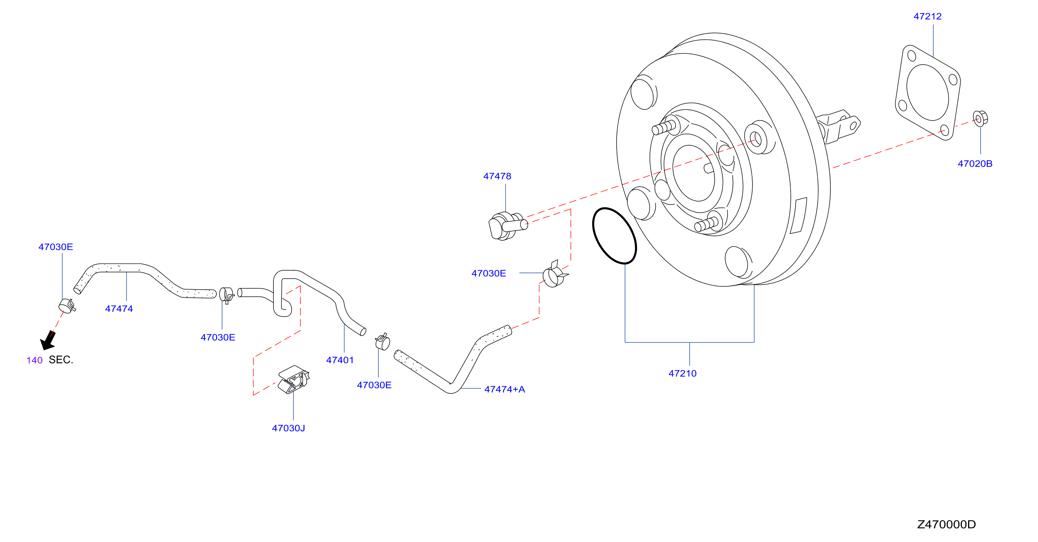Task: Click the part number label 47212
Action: point(927,16)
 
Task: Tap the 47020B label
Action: point(975,164)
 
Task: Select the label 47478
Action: point(497,176)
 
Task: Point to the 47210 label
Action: point(682,374)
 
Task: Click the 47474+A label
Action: point(504,389)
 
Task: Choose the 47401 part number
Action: point(340,360)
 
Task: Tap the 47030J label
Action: point(288,428)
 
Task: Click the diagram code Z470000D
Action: point(946,524)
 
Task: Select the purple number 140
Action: point(34,360)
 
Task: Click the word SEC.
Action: point(61,360)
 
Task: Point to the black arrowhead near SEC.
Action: point(48,341)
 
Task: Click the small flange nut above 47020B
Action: point(980,118)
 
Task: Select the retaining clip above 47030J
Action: point(293,380)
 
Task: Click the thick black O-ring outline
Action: point(614,236)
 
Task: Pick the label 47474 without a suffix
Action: point(119,309)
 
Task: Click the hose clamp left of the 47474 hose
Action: point(67,306)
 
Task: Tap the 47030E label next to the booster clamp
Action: point(488,274)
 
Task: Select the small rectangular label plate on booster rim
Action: point(798,215)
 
